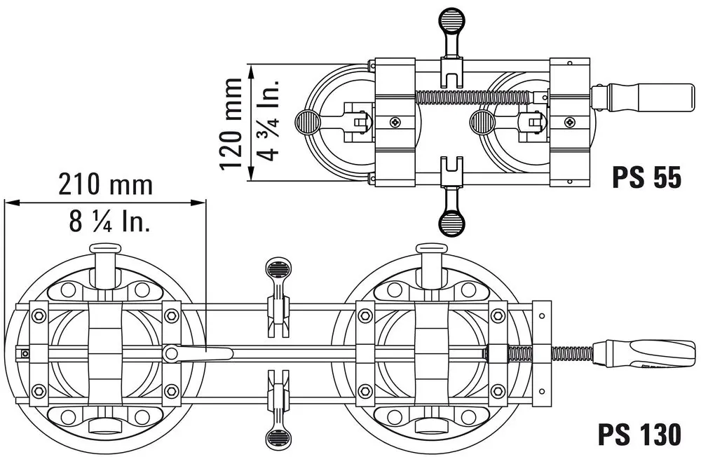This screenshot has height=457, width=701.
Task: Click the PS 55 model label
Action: [646, 177]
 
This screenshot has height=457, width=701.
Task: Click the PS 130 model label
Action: [639, 434]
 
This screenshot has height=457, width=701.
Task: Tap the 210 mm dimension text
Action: [106, 184]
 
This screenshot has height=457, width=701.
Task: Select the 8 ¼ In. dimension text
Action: [109, 221]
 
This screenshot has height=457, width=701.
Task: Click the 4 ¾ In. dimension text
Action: [268, 121]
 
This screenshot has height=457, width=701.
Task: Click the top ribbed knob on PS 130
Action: [278, 269]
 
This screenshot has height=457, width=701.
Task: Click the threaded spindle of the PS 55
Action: [474, 96]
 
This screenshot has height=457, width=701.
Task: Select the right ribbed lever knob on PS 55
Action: [482, 122]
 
